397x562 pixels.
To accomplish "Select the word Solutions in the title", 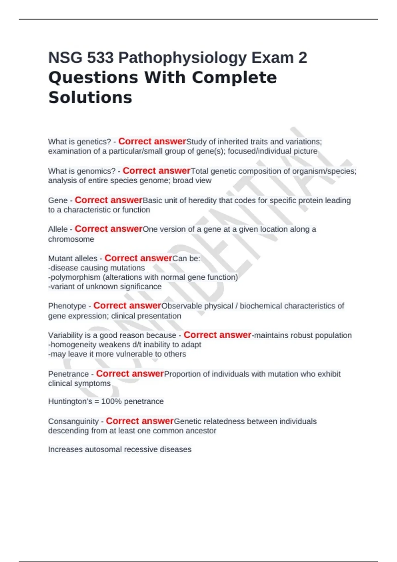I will (x=90, y=98).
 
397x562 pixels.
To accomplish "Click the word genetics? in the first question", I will (x=94, y=142).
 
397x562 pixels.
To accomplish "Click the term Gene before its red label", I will (x=58, y=200).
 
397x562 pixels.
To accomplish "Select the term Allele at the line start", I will (x=58, y=229).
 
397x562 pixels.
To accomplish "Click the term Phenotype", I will (x=67, y=306).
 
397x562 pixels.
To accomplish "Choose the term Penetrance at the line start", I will (x=68, y=374).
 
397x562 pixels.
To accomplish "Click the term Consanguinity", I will (x=73, y=421).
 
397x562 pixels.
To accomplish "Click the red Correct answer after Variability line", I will (x=217, y=335).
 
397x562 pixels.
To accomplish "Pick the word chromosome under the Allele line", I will (x=71, y=239).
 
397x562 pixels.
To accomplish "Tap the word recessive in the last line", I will (x=142, y=450).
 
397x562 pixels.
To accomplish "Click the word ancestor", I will (x=201, y=431).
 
